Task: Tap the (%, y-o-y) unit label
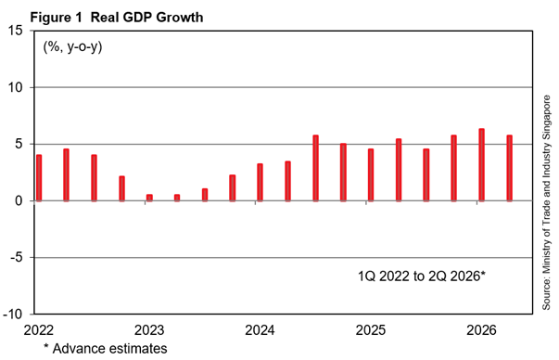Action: click(x=72, y=46)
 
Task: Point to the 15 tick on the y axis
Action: click(x=15, y=31)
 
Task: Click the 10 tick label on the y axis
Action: click(x=15, y=87)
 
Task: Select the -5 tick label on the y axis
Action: click(x=17, y=257)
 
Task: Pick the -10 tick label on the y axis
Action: click(x=13, y=314)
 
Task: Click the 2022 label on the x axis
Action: click(x=39, y=330)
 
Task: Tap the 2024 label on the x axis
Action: click(x=260, y=330)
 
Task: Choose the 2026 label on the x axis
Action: click(x=481, y=330)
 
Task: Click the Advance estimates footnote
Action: click(x=105, y=349)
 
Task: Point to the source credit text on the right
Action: click(x=546, y=202)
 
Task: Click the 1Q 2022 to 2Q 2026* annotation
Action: click(x=422, y=276)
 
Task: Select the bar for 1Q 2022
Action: click(x=39, y=178)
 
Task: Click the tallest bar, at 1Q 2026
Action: click(x=481, y=165)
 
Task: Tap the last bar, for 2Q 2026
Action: click(x=510, y=168)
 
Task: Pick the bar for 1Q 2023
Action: click(x=149, y=198)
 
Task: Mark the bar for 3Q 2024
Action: click(x=315, y=168)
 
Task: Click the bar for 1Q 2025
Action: click(x=371, y=174)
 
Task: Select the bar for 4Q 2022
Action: click(x=122, y=188)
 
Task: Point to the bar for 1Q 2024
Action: click(x=260, y=182)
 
